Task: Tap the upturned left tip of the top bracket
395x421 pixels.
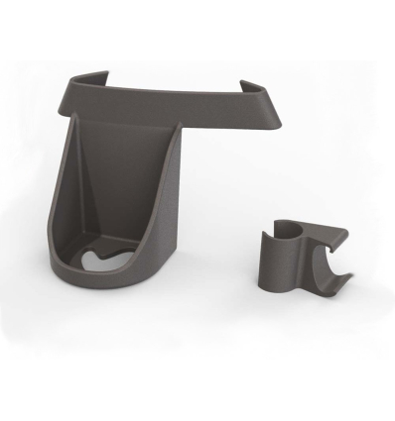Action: (78, 77)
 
